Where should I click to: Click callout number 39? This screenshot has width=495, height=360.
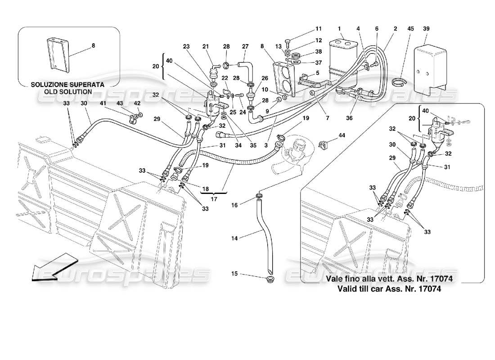426,28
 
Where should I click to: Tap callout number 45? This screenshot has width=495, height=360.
410,28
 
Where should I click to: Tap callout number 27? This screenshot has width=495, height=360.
245,46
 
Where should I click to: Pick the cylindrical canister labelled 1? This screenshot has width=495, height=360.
345,63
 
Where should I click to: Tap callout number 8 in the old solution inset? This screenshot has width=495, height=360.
93,45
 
